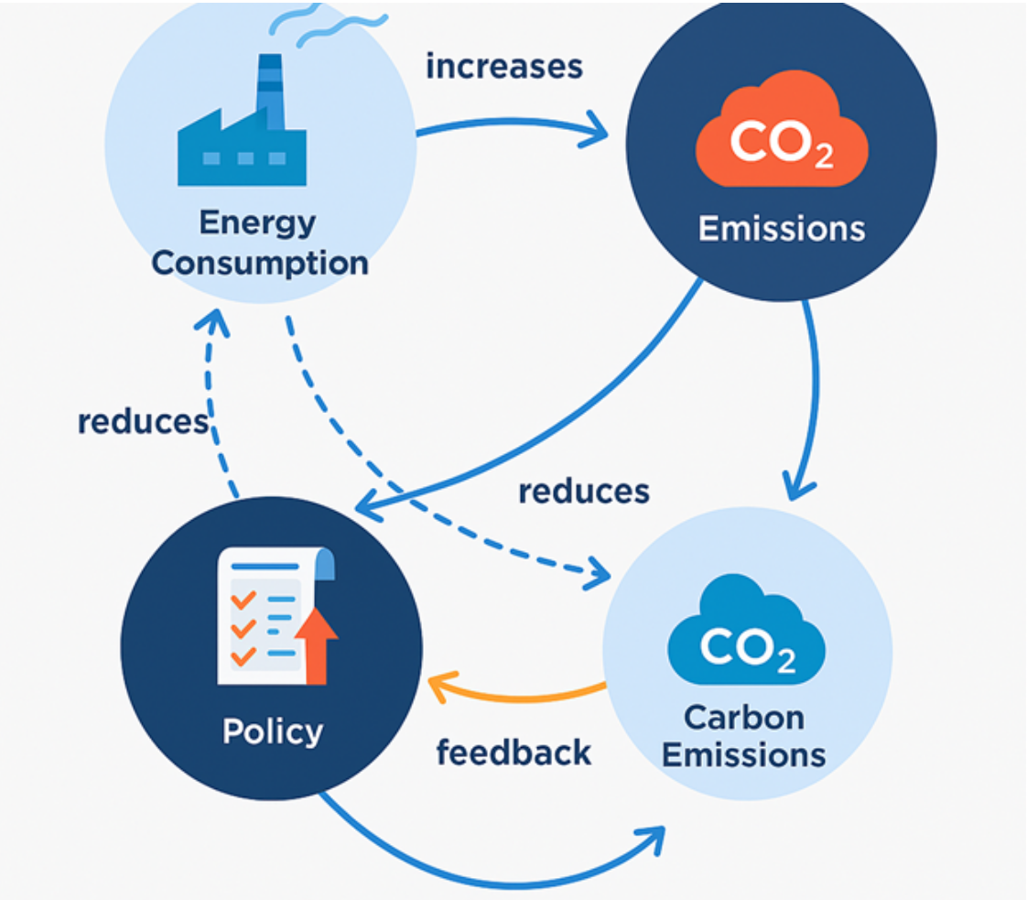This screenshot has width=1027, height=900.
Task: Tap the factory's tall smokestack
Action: coord(270,92)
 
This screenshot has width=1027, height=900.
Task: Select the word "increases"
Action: coord(504,67)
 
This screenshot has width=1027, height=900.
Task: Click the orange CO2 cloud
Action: coord(782,130)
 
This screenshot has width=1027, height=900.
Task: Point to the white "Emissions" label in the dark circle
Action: coord(782,229)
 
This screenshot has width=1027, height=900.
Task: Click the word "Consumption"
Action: coord(260,264)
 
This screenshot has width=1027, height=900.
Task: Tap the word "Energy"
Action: coord(257,222)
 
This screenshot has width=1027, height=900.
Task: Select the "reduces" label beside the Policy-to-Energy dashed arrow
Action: coord(144,422)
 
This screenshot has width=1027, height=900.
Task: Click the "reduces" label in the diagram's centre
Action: coord(584,492)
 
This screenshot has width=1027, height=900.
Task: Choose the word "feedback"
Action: coord(514,753)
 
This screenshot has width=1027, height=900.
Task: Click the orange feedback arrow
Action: coord(517,699)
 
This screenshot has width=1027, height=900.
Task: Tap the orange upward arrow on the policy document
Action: coord(317,645)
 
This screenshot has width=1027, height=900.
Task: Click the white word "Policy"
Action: coord(273,731)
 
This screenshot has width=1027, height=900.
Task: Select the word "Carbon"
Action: coord(744,717)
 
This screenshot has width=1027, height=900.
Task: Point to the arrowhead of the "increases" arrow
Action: coord(594,130)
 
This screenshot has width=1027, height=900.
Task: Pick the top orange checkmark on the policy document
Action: coord(243,600)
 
